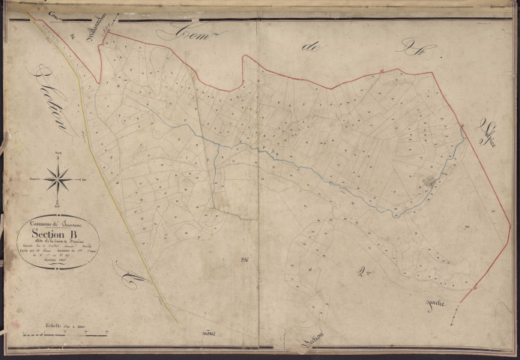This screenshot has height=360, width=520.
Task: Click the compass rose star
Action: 58,179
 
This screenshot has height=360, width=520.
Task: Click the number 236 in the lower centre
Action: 244,259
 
